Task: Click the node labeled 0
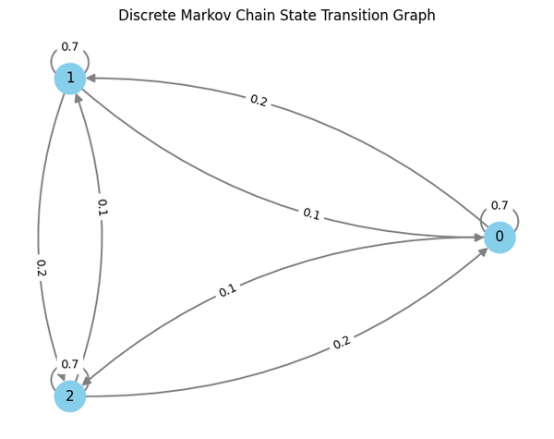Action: click(500, 238)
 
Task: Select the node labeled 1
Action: click(70, 79)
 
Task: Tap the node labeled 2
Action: click(70, 396)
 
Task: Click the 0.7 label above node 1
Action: click(70, 46)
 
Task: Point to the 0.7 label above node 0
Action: click(500, 205)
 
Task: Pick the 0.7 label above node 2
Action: click(70, 364)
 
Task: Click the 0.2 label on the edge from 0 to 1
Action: click(259, 101)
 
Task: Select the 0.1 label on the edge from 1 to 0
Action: click(311, 214)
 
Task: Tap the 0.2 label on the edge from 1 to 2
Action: click(41, 268)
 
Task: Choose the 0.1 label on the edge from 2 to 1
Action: click(102, 207)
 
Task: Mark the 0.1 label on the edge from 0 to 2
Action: click(227, 290)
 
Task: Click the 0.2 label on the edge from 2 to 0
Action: click(342, 342)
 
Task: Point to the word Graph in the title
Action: click(415, 16)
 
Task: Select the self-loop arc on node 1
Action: click(54, 59)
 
